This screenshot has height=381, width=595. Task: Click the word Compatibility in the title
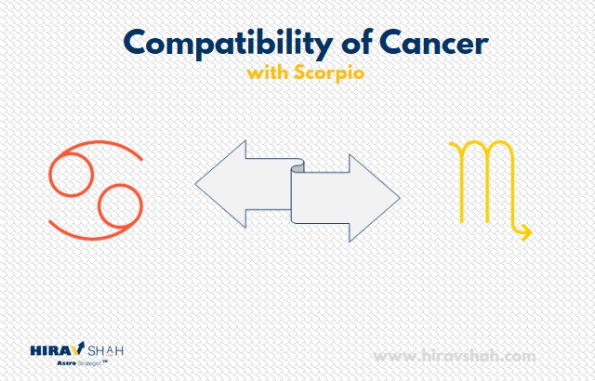point(229,45)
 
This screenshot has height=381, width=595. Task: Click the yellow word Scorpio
point(329,73)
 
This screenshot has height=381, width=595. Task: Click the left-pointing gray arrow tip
point(196,184)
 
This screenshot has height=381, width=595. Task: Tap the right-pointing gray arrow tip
point(400,198)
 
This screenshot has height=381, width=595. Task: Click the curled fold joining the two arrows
point(297,166)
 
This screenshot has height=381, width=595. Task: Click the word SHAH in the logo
point(105,350)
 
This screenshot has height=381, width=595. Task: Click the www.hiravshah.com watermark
point(455,357)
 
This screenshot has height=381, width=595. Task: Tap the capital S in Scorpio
point(299,72)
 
